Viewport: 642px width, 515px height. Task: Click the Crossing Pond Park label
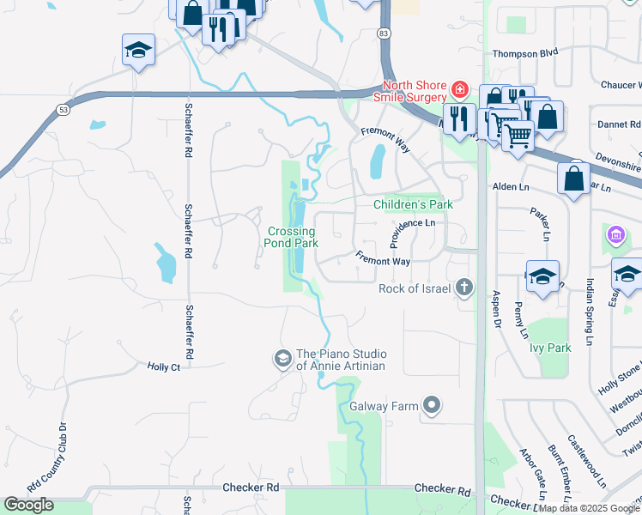tap(293, 237)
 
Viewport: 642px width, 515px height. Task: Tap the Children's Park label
tap(413, 204)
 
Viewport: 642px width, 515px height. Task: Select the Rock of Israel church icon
tap(464, 288)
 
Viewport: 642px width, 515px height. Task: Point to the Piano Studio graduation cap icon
tap(282, 359)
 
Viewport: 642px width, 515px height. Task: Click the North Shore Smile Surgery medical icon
tap(460, 89)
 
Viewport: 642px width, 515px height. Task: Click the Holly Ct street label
tap(163, 367)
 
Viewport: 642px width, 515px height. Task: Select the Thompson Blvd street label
tap(525, 53)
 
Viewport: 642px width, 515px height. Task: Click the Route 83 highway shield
tap(383, 32)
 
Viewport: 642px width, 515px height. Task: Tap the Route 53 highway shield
tap(62, 110)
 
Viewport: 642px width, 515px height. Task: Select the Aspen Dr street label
tap(495, 308)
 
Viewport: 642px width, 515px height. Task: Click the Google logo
tap(29, 505)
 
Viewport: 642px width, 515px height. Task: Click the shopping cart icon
tap(517, 133)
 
